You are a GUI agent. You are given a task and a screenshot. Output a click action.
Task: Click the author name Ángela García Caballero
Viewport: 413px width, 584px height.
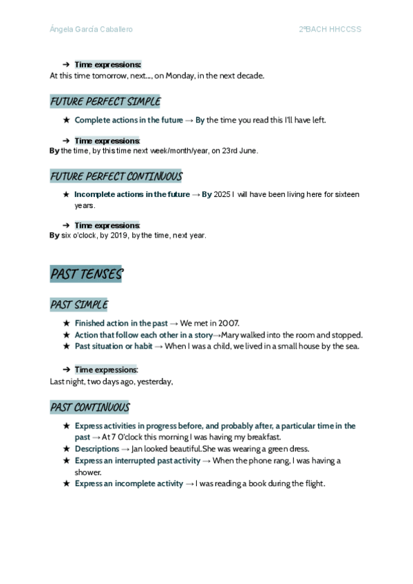(92, 29)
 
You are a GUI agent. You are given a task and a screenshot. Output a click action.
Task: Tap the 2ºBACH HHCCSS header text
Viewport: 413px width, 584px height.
(330, 29)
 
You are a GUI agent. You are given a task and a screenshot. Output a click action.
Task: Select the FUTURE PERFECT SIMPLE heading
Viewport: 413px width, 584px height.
(105, 102)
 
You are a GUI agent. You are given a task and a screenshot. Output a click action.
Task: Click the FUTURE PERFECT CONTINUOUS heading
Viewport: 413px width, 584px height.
(116, 177)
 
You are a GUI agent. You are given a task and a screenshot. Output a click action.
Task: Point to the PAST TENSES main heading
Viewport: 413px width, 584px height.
(86, 274)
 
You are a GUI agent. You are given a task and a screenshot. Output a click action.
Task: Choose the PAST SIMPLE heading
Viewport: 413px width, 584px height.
(79, 304)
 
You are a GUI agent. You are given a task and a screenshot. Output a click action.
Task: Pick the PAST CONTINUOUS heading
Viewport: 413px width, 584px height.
(90, 408)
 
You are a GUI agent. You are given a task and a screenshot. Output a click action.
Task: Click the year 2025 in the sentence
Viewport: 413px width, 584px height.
(222, 195)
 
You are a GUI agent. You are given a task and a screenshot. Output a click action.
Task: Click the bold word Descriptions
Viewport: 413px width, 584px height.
(97, 449)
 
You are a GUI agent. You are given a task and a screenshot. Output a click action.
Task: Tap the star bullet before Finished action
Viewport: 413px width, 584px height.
(66, 323)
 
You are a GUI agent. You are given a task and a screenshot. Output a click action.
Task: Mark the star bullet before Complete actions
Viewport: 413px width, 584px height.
(66, 120)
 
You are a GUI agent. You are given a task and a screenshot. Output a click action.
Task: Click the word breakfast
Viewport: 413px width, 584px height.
(263, 437)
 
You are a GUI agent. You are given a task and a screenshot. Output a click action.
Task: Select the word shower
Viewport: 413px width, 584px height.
(88, 472)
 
